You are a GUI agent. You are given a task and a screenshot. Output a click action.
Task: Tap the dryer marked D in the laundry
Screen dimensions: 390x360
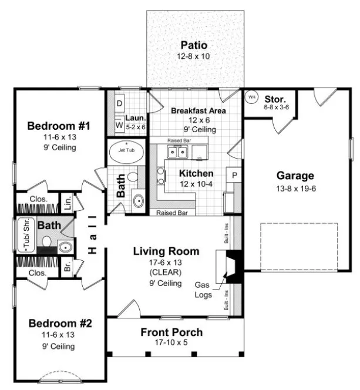pos(119,103)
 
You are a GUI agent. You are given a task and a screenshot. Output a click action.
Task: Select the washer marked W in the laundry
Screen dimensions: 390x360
pos(119,125)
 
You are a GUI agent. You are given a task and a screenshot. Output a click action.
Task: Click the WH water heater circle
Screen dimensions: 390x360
pos(252,96)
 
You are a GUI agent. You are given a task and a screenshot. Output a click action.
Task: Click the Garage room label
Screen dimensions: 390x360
pos(295,175)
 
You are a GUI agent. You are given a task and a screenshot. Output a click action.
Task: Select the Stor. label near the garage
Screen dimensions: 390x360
pos(276,98)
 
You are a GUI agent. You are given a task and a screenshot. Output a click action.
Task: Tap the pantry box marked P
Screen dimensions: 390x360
pos(234,175)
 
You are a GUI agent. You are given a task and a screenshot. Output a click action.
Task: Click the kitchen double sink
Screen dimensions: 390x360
pos(177,152)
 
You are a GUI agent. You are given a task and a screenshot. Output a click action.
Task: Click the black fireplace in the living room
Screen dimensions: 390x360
pos(234,267)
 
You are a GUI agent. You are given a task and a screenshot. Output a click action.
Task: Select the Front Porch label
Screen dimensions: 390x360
pos(171,332)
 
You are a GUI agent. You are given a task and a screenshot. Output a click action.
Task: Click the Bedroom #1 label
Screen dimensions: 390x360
pos(59,126)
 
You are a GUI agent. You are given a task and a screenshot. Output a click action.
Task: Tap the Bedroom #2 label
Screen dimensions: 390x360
pos(59,324)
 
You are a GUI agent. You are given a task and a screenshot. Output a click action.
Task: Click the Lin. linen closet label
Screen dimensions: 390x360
pos(67,201)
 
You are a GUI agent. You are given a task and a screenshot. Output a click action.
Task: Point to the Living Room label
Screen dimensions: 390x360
pos(166,251)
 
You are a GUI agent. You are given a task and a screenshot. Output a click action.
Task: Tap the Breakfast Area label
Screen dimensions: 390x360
pos(198,110)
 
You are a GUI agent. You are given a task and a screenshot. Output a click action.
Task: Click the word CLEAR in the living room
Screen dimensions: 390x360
pos(166,272)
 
